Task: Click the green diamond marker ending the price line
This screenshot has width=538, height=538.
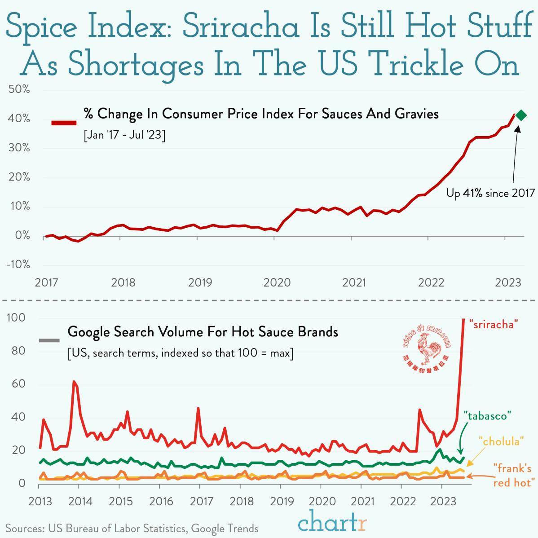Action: click(521, 115)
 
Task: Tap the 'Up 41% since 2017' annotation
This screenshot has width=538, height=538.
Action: click(490, 193)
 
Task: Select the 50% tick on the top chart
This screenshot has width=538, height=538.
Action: click(19, 89)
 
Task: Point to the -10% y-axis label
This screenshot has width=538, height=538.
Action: click(18, 265)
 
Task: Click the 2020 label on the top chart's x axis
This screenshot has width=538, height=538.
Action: click(277, 283)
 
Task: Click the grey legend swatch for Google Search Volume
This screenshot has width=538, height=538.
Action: click(49, 340)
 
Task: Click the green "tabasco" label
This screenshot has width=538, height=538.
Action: click(487, 416)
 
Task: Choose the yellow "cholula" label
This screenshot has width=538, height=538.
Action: click(501, 441)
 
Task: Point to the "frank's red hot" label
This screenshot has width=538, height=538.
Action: click(514, 476)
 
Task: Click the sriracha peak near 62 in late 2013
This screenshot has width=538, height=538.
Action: click(74, 382)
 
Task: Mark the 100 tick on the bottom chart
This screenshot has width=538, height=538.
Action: click(16, 318)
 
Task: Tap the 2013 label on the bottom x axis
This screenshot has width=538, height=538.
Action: click(40, 501)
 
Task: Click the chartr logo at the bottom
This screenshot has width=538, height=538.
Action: click(332, 523)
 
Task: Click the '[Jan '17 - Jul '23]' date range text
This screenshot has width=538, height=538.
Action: click(124, 135)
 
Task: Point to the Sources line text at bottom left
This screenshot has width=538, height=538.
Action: click(132, 528)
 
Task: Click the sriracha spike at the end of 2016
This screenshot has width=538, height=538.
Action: click(198, 408)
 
